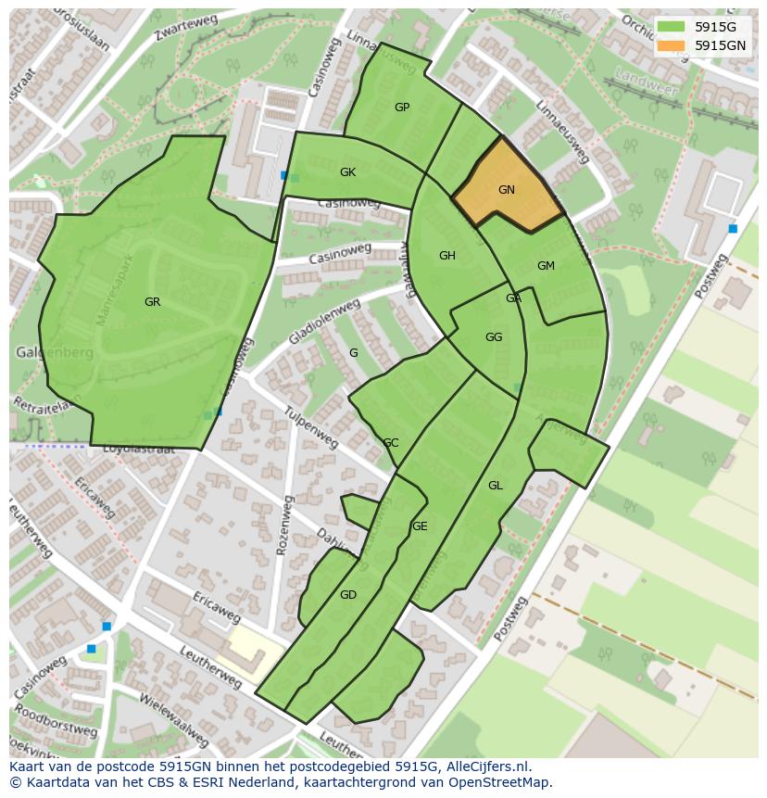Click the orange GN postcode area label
click(506, 190)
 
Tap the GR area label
click(152, 302)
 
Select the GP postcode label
click(401, 108)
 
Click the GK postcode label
click(347, 172)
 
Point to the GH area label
click(446, 256)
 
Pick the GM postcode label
click(546, 266)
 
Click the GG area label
click(493, 337)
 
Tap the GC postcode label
click(390, 443)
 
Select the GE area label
click(420, 526)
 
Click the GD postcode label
click(347, 595)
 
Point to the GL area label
click(495, 486)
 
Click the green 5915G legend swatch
click(671, 27)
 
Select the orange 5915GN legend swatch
click(671, 45)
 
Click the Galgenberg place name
click(53, 353)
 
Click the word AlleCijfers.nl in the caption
click(486, 766)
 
